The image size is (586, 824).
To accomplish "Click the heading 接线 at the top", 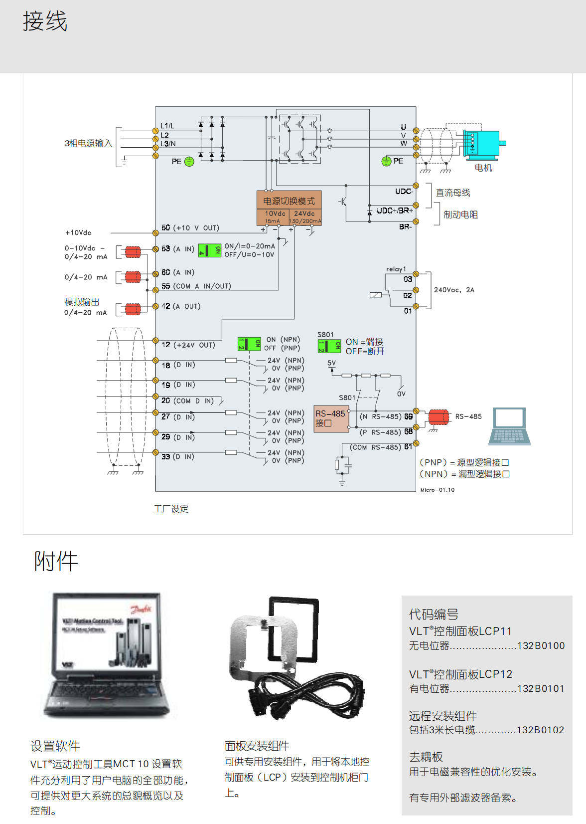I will [45, 22].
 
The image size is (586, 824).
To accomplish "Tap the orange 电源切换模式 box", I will [289, 201].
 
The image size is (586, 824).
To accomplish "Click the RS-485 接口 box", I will [330, 418].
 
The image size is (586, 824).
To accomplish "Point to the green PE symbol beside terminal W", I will [386, 161].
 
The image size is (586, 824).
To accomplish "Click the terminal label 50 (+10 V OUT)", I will [190, 228].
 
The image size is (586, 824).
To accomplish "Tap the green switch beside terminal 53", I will [210, 250].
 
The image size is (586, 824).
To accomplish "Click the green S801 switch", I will [329, 346].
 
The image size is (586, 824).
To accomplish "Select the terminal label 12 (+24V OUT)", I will [188, 345].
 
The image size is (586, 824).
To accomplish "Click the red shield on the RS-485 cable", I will [438, 417].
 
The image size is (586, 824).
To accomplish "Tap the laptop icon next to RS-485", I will [509, 426].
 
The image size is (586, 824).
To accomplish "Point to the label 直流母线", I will [453, 193].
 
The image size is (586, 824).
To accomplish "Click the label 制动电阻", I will [460, 214].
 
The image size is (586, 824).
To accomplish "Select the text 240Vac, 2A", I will [454, 290].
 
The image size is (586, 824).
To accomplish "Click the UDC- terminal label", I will [404, 192].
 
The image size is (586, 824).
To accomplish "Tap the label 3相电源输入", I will [88, 143].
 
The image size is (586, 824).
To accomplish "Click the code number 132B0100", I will [541, 645].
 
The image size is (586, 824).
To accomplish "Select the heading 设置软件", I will [55, 746].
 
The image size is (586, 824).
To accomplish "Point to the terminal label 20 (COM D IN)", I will [187, 401].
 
